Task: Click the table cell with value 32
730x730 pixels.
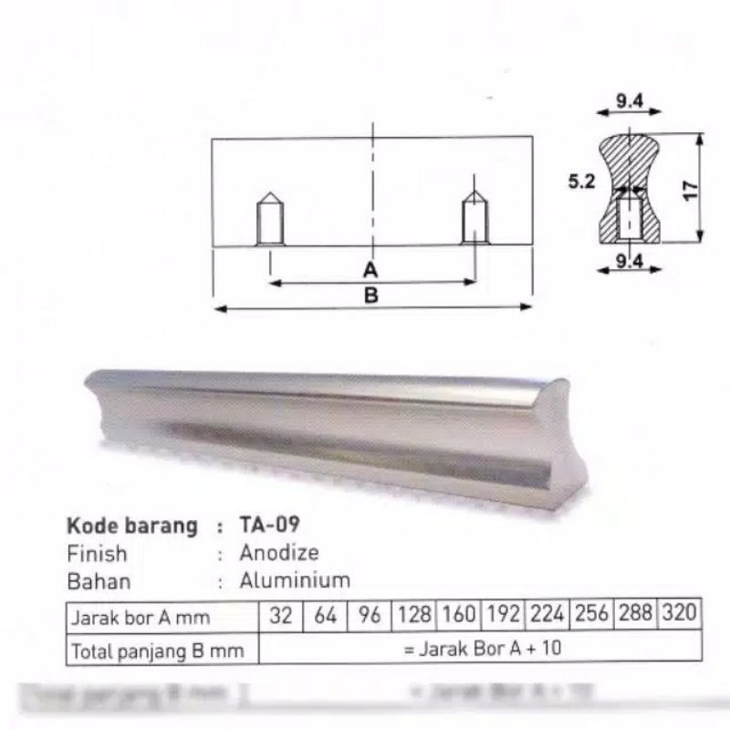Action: point(281,616)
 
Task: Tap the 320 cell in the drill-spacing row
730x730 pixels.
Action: point(680,614)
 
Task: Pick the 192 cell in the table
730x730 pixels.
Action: point(504,615)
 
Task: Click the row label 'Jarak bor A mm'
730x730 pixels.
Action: point(141,618)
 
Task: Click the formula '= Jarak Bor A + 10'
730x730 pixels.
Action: point(480,649)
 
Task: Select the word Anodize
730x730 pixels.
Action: point(279,553)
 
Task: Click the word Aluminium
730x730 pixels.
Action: point(295,580)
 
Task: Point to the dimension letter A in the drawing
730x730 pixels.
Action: point(370,270)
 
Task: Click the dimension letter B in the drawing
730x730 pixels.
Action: point(371,295)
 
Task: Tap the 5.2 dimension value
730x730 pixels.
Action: point(580,182)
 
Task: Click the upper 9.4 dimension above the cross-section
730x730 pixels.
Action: point(629,102)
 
